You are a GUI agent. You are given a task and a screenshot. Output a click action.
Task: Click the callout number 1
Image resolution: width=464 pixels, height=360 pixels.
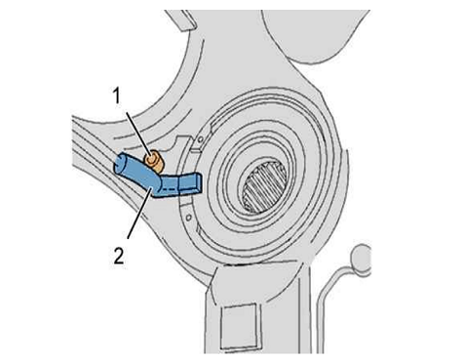(x=117, y=97)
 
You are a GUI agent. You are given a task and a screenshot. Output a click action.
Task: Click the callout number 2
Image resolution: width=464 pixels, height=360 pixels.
(x=119, y=256)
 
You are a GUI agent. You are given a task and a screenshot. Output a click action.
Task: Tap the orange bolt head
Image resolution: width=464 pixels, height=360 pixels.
(x=154, y=161)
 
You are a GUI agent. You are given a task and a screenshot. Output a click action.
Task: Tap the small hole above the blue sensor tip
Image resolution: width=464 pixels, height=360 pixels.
(x=201, y=140)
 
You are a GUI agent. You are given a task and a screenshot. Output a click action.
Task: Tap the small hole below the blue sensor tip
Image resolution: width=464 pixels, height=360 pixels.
(x=188, y=216)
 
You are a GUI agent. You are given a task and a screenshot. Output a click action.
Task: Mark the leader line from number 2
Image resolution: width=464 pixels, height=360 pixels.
(x=140, y=213)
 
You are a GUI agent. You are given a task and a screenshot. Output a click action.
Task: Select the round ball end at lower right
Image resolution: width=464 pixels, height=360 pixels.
(x=361, y=259)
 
